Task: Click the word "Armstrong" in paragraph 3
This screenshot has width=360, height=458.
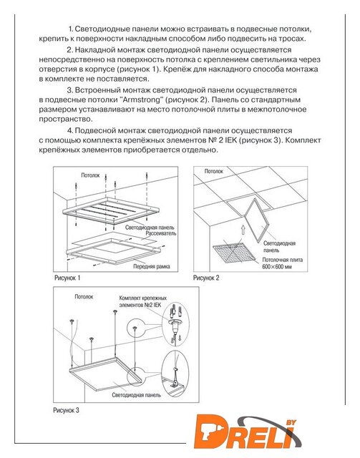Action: point(140,99)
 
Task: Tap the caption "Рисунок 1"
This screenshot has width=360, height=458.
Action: point(67,278)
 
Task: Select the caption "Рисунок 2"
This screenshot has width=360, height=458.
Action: point(206,278)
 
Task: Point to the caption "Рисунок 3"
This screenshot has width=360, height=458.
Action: point(66,410)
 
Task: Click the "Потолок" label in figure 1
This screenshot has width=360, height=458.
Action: point(90,175)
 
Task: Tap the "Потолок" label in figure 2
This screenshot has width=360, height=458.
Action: point(213,171)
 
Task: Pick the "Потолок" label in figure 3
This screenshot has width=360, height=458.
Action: point(84,297)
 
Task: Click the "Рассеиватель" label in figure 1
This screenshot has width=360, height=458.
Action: point(161,233)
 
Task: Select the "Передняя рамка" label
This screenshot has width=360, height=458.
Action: point(152,266)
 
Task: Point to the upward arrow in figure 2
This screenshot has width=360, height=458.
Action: point(242,230)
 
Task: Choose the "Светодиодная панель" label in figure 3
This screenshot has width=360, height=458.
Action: point(136,395)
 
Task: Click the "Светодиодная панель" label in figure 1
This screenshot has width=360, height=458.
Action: point(150,228)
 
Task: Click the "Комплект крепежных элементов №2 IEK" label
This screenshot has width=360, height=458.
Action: point(143,301)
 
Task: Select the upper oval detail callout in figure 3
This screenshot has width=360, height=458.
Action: point(175,324)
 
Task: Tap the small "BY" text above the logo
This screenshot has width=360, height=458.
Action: point(291,422)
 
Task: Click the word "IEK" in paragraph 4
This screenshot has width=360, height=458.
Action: point(230,140)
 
